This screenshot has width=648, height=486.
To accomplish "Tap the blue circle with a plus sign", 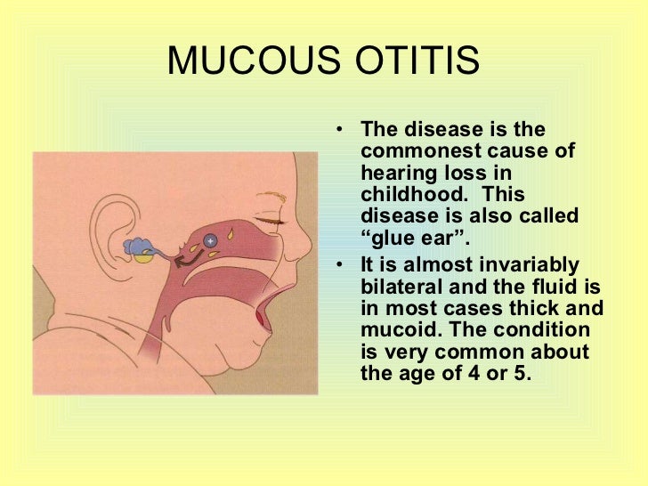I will click(209, 240).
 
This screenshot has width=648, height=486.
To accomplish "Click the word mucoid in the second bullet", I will click(393, 329).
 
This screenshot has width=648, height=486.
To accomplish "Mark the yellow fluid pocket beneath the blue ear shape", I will click(142, 258).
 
